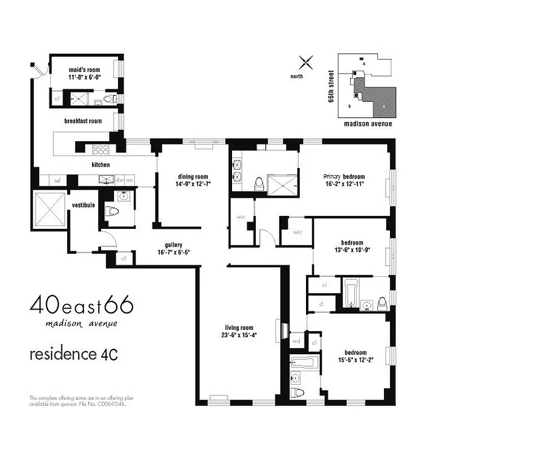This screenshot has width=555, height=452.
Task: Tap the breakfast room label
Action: pyautogui.click(x=82, y=121)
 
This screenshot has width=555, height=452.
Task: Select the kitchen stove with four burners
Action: pyautogui.click(x=100, y=150)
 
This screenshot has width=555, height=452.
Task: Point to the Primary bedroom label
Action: pyautogui.click(x=344, y=176)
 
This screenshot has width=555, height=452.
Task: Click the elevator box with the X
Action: pyautogui.click(x=50, y=209)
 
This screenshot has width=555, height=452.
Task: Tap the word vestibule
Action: pyautogui.click(x=83, y=205)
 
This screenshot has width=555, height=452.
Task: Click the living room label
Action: pyautogui.click(x=239, y=328)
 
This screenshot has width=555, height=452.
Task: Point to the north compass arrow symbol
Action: pyautogui.click(x=305, y=62)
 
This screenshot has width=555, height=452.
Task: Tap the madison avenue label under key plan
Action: pyautogui.click(x=368, y=124)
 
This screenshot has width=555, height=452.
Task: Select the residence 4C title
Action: pyautogui.click(x=73, y=354)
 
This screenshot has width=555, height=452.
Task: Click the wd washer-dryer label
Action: pyautogui.click(x=296, y=341)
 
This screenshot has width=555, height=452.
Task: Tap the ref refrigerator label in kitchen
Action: pyautogui.click(x=57, y=181)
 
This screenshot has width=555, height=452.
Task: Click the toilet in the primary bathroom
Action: pyautogui.click(x=260, y=183)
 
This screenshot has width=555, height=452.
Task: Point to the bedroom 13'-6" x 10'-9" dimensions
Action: pyautogui.click(x=352, y=250)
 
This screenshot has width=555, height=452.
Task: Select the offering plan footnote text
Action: pyautogui.click(x=77, y=401)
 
